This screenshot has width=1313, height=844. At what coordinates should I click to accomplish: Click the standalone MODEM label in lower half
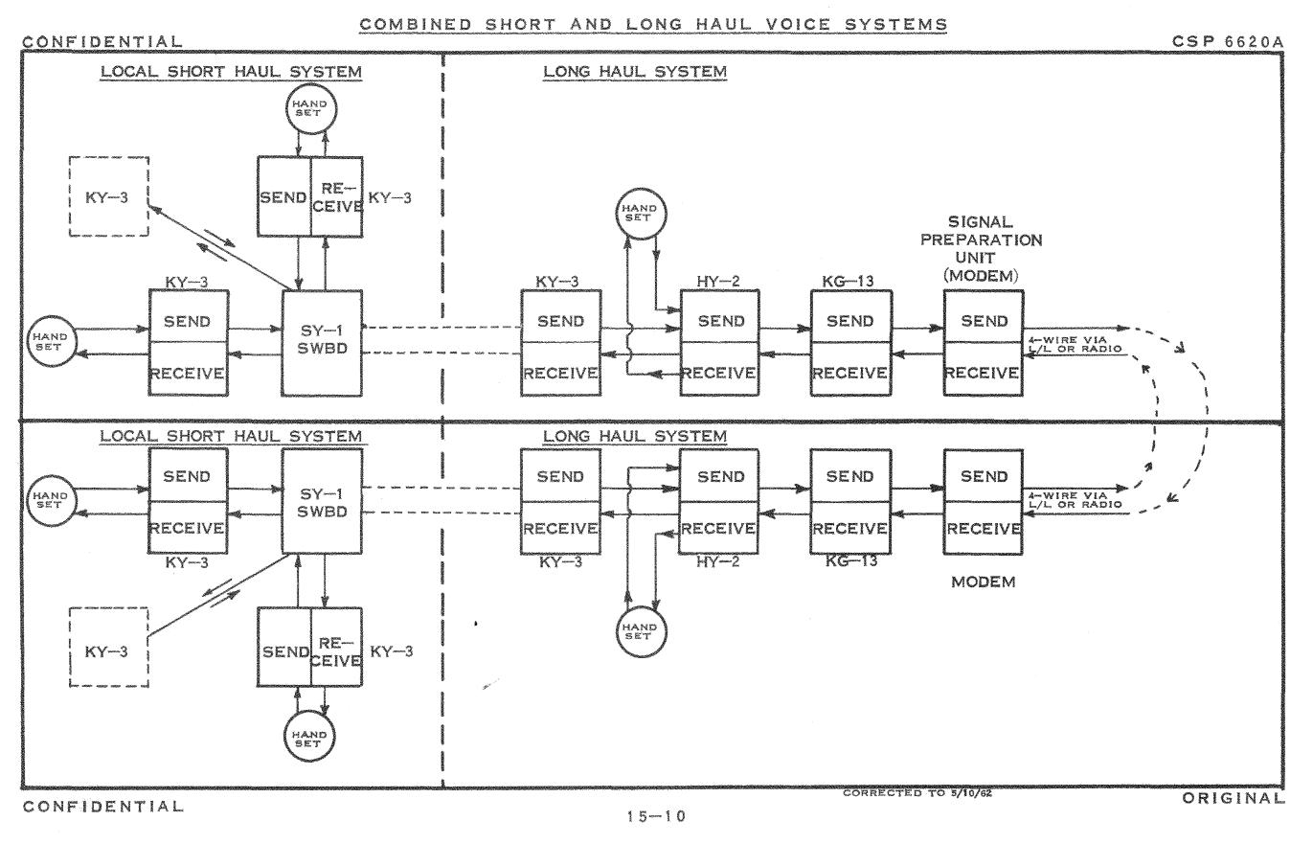tap(983, 582)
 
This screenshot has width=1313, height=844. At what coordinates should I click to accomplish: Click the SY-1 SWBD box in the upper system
tap(322, 342)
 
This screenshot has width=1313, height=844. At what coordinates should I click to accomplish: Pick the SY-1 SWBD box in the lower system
tap(322, 501)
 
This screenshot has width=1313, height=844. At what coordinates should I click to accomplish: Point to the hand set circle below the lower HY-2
tap(638, 628)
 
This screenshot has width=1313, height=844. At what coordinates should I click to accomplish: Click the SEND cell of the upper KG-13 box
tap(849, 322)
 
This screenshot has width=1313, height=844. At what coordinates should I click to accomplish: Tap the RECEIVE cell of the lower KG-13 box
tap(849, 528)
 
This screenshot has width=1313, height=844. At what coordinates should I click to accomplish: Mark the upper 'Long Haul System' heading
tap(634, 72)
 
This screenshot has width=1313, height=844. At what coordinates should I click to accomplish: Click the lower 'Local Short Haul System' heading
tap(232, 437)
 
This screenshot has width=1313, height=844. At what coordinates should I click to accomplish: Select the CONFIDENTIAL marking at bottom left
tap(102, 806)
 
